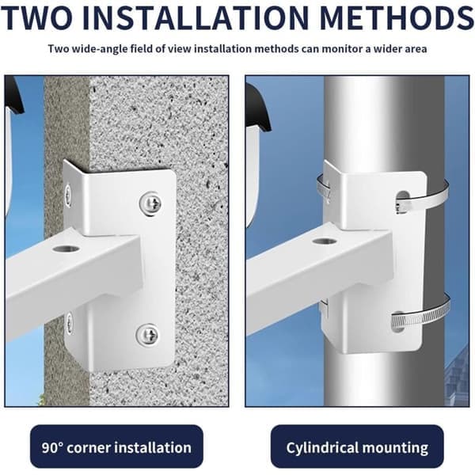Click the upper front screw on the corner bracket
coord(150,204)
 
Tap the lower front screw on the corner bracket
coord(147,335)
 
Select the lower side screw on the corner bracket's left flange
coord(70,323)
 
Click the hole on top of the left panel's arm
coord(66,249)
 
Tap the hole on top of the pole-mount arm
coord(325,241)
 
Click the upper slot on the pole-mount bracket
coord(401,201)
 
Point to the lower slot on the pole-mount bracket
coord(398,321)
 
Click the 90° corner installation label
coord(116,446)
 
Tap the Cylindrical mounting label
coord(357,446)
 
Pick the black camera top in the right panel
coord(258,108)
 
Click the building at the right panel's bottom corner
coord(457,375)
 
